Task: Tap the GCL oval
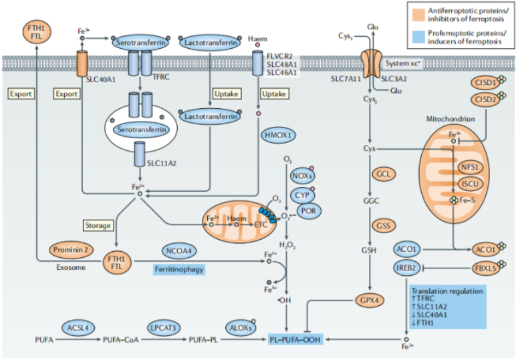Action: point(383,174)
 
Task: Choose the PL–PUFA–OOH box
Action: point(294,339)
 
